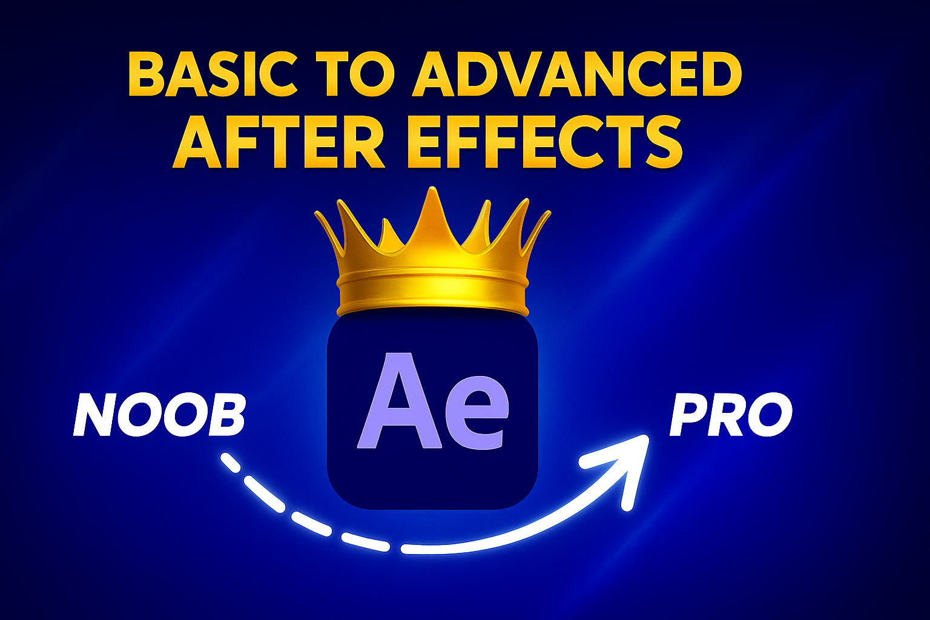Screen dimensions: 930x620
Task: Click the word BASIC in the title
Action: coord(213,74)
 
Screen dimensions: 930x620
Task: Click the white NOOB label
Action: coord(159,415)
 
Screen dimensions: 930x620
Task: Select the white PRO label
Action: coord(731,414)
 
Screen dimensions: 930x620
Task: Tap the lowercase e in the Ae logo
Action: coord(478,413)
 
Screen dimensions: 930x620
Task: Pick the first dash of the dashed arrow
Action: coord(231,463)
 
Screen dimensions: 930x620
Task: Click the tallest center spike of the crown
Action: coord(432,216)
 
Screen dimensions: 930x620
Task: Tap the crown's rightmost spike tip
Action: coord(549,213)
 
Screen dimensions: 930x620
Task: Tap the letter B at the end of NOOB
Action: coord(226,415)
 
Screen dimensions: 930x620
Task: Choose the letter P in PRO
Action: coord(688,415)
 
